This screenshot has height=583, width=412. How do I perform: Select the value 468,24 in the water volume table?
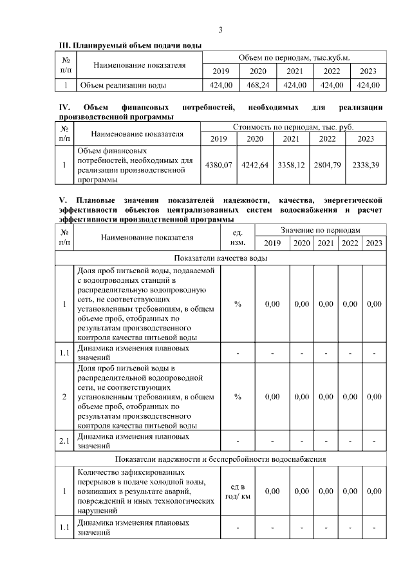click(257, 85)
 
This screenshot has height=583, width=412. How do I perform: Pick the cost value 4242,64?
click(255, 166)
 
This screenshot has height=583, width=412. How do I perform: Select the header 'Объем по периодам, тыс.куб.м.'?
click(294, 57)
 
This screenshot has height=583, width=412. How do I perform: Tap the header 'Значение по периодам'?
click(320, 230)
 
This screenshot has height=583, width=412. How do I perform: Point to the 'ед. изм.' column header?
click(238, 236)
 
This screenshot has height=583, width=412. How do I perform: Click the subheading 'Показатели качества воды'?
click(221, 258)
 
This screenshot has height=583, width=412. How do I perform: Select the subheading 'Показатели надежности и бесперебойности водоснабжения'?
click(221, 459)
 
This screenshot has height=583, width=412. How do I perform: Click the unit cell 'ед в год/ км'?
click(238, 491)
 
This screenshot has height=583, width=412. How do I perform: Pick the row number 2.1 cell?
click(64, 441)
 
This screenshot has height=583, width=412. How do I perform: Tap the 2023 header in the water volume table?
click(368, 71)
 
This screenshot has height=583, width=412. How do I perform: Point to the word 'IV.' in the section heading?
click(64, 107)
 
